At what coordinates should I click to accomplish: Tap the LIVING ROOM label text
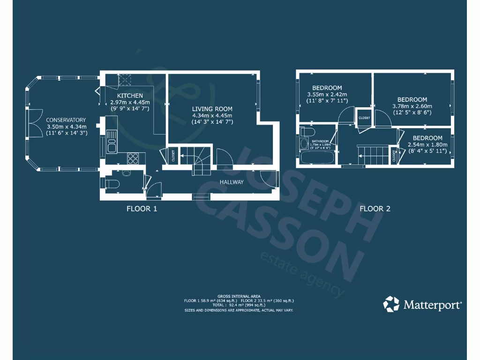[212, 109]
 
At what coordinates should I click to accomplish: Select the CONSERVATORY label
[66, 120]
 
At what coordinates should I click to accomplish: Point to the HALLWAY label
[232, 182]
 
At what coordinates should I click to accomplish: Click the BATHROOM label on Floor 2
[321, 141]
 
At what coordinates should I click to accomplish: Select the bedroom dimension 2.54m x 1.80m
[427, 144]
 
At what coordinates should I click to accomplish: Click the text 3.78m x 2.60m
[412, 106]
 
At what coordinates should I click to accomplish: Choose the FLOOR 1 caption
[142, 209]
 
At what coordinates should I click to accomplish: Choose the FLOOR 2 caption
[375, 209]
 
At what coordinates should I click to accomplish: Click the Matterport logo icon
[391, 304]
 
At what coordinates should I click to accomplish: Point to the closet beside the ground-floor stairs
[172, 155]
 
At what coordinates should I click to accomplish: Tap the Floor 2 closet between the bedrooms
[364, 118]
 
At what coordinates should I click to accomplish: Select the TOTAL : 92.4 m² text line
[239, 305]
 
